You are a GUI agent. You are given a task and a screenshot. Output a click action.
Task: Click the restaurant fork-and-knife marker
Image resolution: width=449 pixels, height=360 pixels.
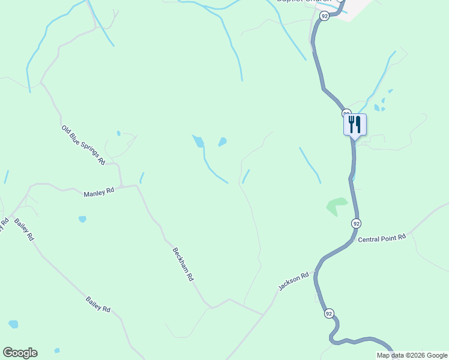[355, 125]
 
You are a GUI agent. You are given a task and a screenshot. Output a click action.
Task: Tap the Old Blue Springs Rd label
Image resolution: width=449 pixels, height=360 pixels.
[83, 145]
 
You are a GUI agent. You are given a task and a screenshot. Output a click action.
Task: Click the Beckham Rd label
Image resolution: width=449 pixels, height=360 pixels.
[183, 265]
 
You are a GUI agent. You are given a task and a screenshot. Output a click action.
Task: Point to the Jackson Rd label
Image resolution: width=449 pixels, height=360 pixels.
[293, 281]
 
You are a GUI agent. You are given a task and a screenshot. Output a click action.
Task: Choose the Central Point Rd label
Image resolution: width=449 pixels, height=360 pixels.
[382, 238]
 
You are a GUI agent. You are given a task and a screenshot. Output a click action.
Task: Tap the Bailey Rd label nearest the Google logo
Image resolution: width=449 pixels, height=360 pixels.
[98, 305]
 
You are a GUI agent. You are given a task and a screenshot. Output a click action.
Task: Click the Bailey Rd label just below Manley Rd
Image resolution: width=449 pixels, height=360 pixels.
[24, 229]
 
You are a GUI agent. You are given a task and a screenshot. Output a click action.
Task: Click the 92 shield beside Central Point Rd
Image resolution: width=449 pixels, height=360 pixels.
[357, 223]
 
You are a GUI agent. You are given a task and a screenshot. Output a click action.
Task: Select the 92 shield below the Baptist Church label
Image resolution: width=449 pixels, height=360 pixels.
[324, 16]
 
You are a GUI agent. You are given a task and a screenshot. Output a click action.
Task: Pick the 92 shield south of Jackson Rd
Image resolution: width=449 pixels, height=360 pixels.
[328, 314]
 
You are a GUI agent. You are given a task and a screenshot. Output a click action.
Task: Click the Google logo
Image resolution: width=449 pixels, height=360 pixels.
[20, 353]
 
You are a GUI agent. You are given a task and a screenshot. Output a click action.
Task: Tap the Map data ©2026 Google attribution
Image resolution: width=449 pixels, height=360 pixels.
[412, 355]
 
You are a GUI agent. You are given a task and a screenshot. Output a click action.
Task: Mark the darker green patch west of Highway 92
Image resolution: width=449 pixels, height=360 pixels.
[337, 206]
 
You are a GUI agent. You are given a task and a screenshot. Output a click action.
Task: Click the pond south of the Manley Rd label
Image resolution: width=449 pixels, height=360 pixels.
[82, 219]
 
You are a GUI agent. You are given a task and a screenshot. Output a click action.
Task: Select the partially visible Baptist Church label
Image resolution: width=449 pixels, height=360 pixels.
[303, 2]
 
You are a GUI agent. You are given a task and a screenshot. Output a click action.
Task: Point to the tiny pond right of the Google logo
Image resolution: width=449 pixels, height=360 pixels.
[57, 350]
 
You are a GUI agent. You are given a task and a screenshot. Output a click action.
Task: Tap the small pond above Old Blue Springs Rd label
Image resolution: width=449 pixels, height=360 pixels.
[118, 133]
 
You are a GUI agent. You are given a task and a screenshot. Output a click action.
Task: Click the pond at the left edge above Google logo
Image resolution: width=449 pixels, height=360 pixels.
[13, 324]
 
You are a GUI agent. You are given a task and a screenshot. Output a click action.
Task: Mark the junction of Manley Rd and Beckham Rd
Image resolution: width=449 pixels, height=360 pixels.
[137, 186]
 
